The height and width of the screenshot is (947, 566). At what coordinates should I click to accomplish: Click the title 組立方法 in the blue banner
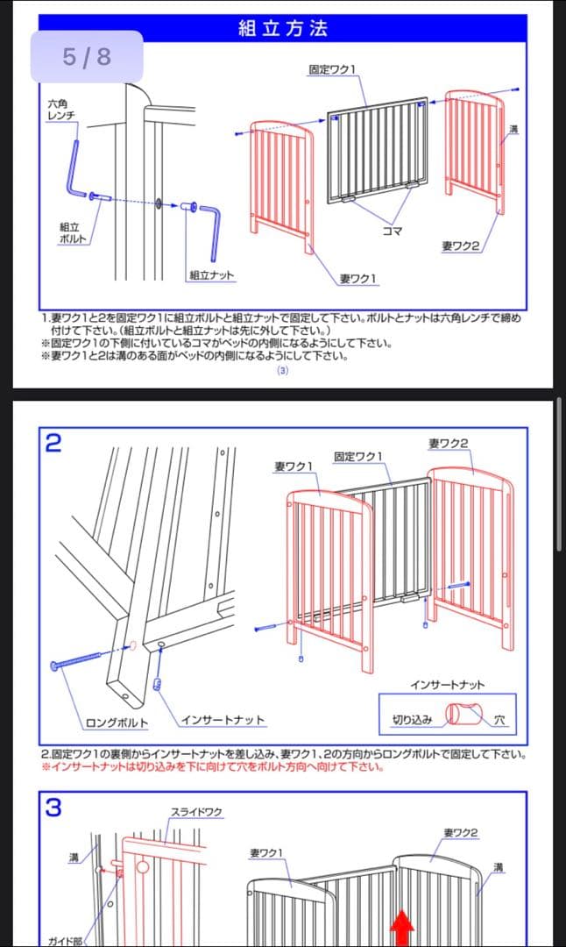click(x=282, y=28)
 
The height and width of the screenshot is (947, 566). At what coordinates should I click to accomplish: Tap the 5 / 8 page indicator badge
click(x=87, y=57)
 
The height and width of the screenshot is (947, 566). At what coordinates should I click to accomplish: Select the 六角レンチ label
click(x=61, y=110)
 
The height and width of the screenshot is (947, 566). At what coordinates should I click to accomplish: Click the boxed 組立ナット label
click(x=211, y=275)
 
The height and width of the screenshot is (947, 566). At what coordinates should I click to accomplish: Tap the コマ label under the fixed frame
click(x=393, y=231)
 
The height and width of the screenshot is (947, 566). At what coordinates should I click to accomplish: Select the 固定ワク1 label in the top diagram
click(x=332, y=69)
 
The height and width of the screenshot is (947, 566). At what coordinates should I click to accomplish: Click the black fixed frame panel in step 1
click(x=378, y=149)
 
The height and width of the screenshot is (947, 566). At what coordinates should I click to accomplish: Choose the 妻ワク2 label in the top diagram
click(x=460, y=246)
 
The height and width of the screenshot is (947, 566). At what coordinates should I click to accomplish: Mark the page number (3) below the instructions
click(x=282, y=371)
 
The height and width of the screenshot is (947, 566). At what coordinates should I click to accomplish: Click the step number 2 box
click(x=53, y=443)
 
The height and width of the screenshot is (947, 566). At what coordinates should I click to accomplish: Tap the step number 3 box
click(x=53, y=808)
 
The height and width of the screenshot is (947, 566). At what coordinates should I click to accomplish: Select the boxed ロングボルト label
click(x=117, y=723)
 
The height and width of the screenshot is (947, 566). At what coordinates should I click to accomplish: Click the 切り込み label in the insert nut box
click(x=411, y=720)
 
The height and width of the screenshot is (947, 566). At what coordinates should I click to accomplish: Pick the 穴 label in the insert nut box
click(x=499, y=720)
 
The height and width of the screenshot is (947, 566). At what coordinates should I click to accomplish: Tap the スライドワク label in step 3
click(x=195, y=813)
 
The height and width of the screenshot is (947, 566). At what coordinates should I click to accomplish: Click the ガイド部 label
click(x=65, y=940)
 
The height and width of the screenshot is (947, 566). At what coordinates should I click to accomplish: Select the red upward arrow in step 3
click(x=402, y=928)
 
